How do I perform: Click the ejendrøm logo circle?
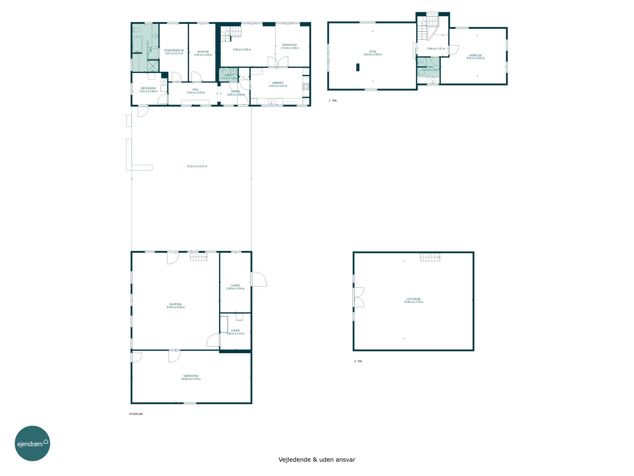tap(32, 443)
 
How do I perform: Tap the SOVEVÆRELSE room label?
tap(174, 51)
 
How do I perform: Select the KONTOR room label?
tap(203, 52)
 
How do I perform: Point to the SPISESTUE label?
tap(290, 45)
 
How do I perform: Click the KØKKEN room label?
tap(278, 83)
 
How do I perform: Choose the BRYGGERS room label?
tap(148, 88)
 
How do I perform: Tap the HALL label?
tap(196, 90)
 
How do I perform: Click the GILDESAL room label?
tap(176, 304)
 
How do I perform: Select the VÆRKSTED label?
tap(191, 376)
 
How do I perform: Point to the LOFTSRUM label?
tap(413, 299)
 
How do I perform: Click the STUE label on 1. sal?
tap(373, 52)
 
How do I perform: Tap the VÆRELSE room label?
tap(475, 56)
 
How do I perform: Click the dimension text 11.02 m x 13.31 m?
tap(197, 166)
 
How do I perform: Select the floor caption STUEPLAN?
tap(136, 414)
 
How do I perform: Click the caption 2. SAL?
tap(358, 361)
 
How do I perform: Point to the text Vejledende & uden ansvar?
tap(317, 459)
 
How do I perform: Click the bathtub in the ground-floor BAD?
tap(137, 45)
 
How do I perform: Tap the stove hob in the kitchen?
tap(306, 86)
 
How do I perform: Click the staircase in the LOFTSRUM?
tap(430, 257)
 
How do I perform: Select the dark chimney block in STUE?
tap(358, 67)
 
